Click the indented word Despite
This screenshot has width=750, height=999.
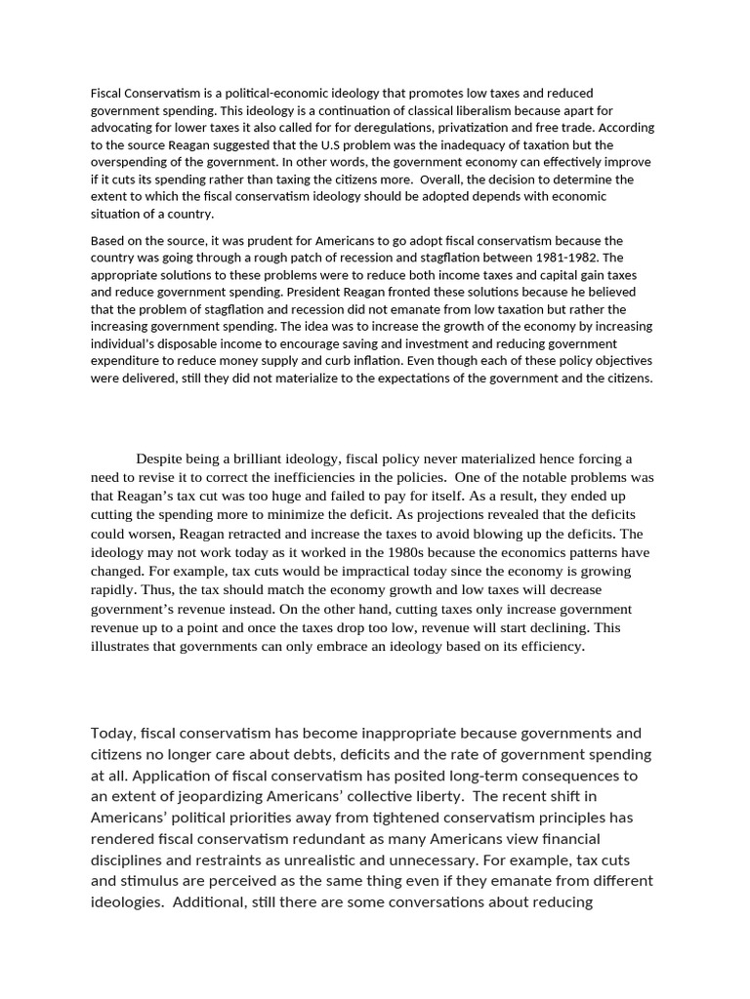(x=159, y=459)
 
